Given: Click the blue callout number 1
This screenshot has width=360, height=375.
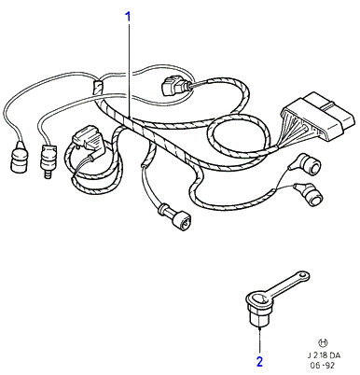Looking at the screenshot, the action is coord(128,17).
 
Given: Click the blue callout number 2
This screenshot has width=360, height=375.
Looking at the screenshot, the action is coord(259,361).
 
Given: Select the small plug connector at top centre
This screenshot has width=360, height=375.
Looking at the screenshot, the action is coord(173,85).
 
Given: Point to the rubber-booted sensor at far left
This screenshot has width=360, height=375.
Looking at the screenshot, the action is coord(19,158).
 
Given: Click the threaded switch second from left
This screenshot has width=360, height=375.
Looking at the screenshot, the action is coord(48,159).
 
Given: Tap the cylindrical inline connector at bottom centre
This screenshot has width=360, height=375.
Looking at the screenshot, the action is coord(175,217).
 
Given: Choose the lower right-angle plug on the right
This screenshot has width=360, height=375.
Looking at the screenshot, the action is coord(309,194).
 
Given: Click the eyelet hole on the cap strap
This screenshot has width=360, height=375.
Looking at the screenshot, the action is coord(302,275).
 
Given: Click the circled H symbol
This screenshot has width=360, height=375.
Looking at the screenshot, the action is coord(324,342).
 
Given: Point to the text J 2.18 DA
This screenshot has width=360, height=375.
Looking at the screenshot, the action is coord(324,355).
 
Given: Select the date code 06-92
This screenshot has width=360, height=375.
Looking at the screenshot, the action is coord(323,366).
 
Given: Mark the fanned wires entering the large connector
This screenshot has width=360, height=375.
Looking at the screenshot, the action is coord(291,131).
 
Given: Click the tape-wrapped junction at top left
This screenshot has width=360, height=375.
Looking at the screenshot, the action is coord(97,87).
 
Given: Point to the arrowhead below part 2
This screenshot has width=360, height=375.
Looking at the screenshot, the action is coord(259,328).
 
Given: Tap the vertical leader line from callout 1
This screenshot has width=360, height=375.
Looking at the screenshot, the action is coord(129,71).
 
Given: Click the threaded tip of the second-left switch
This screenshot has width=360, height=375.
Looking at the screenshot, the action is coord(47,174).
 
